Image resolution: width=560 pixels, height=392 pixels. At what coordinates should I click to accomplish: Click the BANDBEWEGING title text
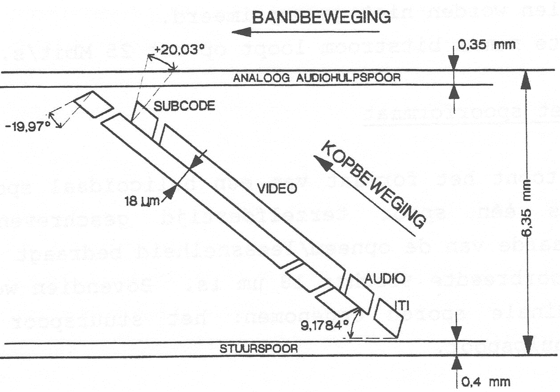[x=321, y=17]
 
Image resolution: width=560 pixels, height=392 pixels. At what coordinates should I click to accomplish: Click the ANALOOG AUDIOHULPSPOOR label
[x=317, y=78]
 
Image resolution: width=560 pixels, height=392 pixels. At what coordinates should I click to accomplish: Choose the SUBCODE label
[x=184, y=106]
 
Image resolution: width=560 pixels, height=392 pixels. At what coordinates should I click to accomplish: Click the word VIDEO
[x=277, y=189]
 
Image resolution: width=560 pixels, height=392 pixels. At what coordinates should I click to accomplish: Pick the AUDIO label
[x=385, y=279]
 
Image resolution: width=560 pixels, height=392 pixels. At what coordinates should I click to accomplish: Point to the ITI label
[x=402, y=305]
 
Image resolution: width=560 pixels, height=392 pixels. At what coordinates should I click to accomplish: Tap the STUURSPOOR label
[x=258, y=349]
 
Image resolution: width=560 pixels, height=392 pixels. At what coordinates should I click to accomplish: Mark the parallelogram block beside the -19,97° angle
[x=93, y=104]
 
